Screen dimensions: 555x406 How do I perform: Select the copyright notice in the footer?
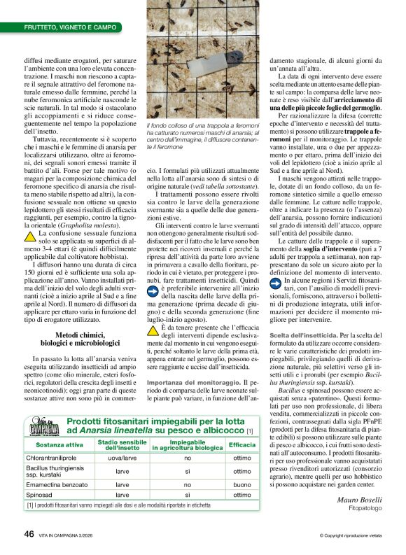(x=350, y=535)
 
